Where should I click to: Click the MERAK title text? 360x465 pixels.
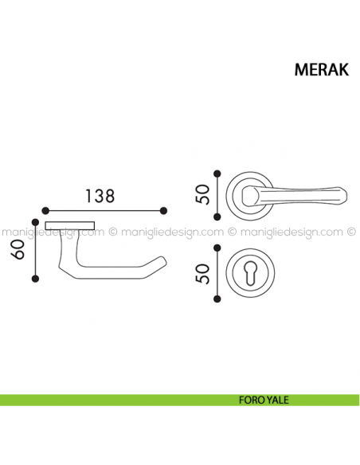pyautogui.click(x=322, y=70)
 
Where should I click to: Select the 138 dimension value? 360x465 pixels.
pyautogui.click(x=100, y=196)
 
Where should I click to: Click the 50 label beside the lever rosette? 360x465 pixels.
pyautogui.click(x=202, y=194)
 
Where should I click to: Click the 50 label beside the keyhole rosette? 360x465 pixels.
pyautogui.click(x=202, y=273)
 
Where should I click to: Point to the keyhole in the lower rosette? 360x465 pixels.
pyautogui.click(x=250, y=274)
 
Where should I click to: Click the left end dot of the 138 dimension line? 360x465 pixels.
pyautogui.click(x=45, y=211)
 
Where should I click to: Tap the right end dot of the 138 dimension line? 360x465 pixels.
pyautogui.click(x=163, y=211)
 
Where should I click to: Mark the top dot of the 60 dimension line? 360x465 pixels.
pyautogui.click(x=35, y=222)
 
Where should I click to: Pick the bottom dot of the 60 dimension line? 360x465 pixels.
pyautogui.click(x=35, y=279)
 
